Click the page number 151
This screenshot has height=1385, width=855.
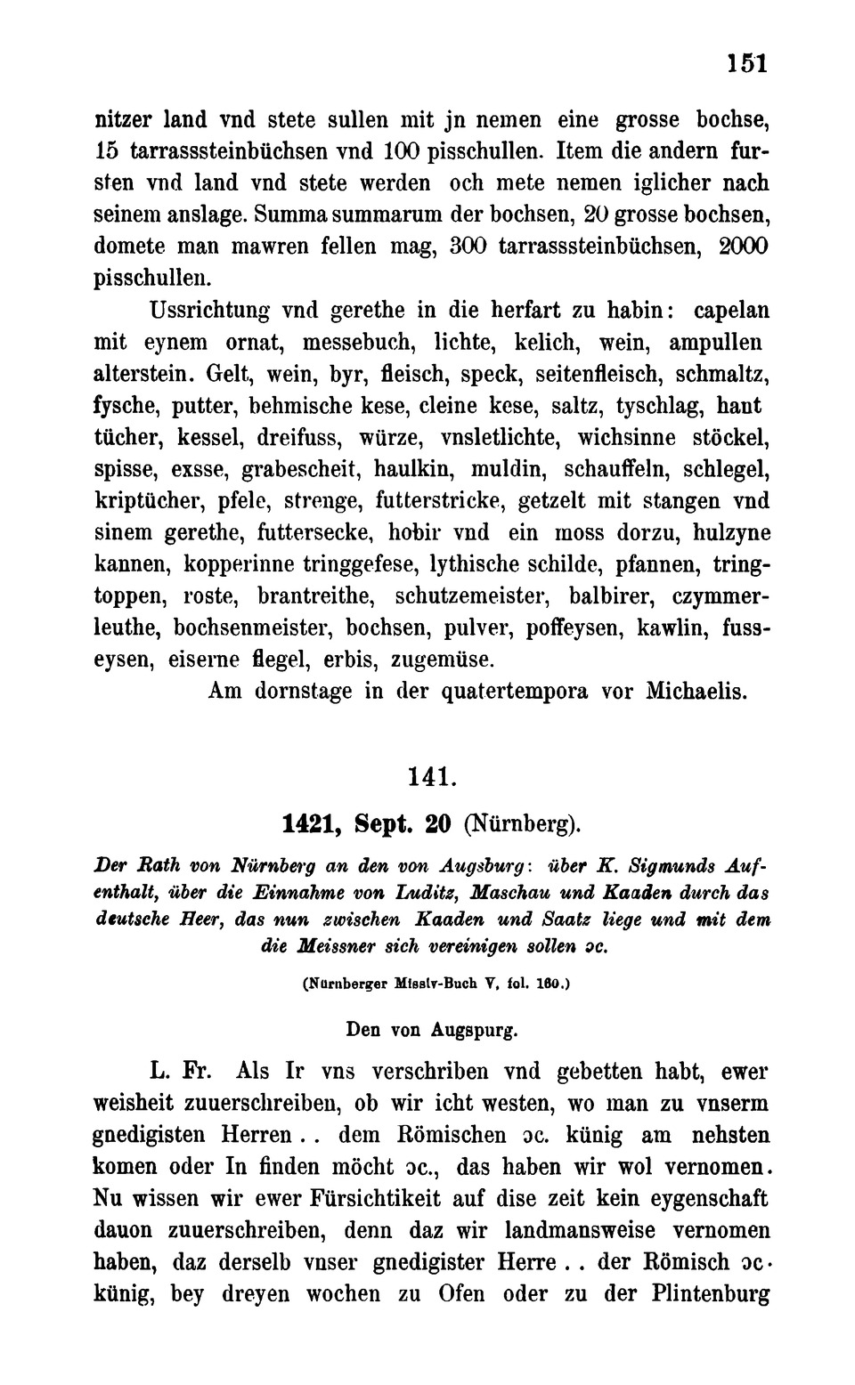pos(746,63)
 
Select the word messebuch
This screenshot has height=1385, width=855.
pos(359,343)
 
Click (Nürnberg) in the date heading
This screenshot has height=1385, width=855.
pos(523,824)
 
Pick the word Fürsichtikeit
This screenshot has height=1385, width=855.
pos(366,1199)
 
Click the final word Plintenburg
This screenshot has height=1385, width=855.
pos(712,1294)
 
